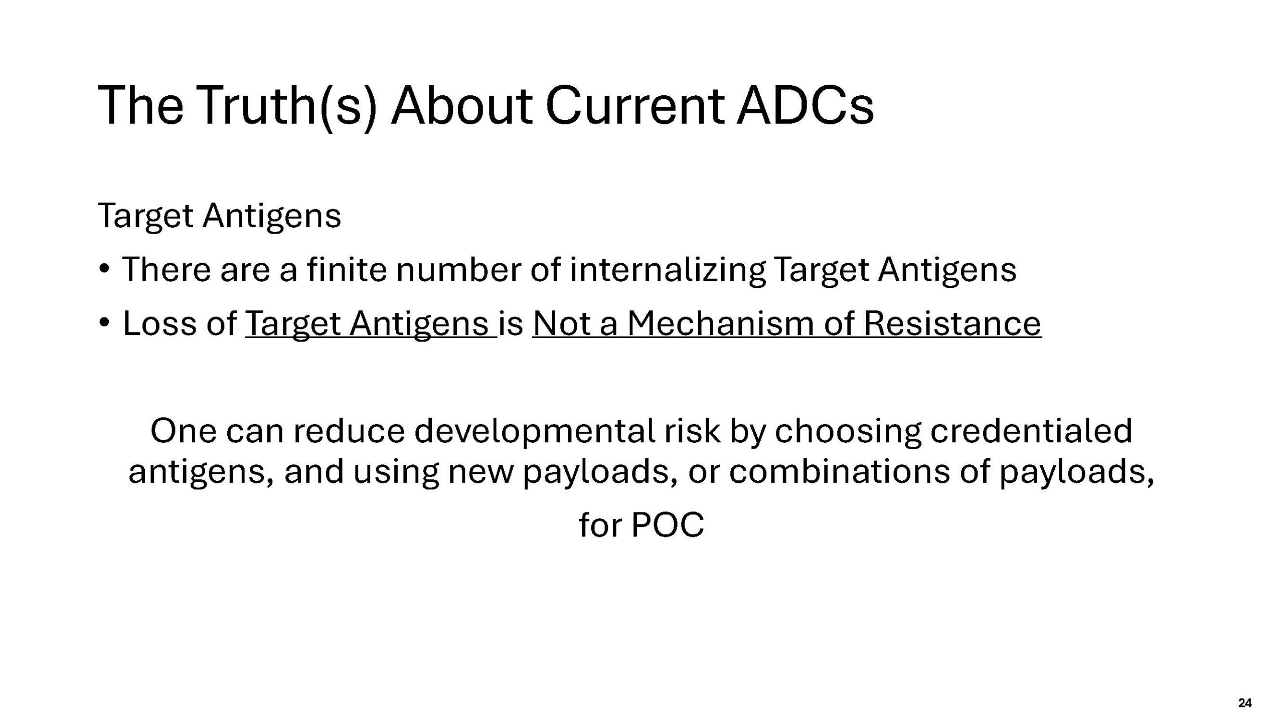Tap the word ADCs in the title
pyautogui.click(x=805, y=106)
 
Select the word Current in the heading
pyautogui.click(x=634, y=106)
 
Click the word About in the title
pyautogui.click(x=461, y=106)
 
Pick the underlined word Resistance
pyautogui.click(x=952, y=323)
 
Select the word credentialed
pyautogui.click(x=1031, y=431)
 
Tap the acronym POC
pyautogui.click(x=667, y=525)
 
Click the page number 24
pyautogui.click(x=1244, y=703)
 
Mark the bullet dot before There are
pyautogui.click(x=104, y=268)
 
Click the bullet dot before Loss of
pyautogui.click(x=104, y=322)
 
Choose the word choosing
pyautogui.click(x=848, y=433)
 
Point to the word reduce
pyautogui.click(x=349, y=431)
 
